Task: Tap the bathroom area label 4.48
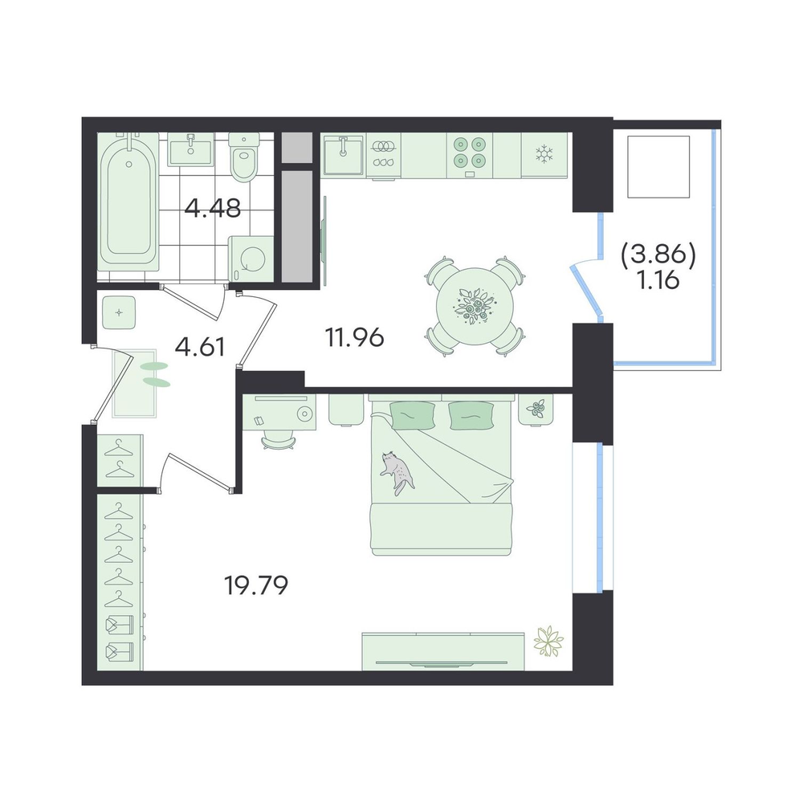(x=213, y=209)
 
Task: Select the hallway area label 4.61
(x=200, y=347)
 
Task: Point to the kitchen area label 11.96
(x=354, y=337)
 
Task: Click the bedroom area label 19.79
(x=257, y=586)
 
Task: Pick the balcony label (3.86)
(x=658, y=255)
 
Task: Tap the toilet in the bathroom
(x=244, y=157)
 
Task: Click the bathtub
(x=128, y=198)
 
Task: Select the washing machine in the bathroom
(x=251, y=258)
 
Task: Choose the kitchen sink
(x=343, y=154)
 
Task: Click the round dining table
(x=475, y=306)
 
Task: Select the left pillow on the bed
(x=412, y=415)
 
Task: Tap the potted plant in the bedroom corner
(x=548, y=641)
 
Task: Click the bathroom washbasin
(x=190, y=149)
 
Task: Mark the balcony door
(x=586, y=289)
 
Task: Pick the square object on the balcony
(x=659, y=166)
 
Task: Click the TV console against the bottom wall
(x=443, y=651)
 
